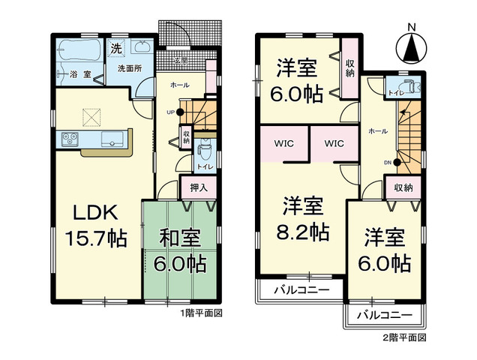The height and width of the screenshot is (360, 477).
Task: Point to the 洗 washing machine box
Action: (115, 49)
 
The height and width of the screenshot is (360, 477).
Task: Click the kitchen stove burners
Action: (70, 137)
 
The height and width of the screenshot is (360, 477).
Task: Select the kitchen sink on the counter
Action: (114, 137)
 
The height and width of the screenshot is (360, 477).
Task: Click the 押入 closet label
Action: (199, 187)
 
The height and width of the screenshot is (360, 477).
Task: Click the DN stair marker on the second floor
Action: (388, 160)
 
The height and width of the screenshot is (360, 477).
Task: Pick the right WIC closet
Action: (334, 142)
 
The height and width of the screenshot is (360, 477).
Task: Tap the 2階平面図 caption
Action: (407, 338)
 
